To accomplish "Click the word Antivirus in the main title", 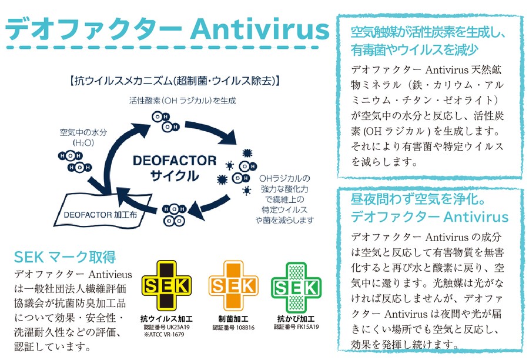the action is [259, 29].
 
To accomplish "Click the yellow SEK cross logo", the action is [166, 286].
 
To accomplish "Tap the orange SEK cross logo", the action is [233, 286].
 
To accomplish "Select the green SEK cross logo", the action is [296, 288].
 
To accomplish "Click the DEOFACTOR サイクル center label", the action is [175, 168].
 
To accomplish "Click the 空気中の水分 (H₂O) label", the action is [83, 137].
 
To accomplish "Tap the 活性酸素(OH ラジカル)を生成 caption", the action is [183, 101].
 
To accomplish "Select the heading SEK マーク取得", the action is [65, 257].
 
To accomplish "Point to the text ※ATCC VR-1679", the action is [164, 334].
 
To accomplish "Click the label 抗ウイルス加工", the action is [167, 319].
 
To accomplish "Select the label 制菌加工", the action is [233, 319].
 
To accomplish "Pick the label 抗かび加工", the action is [296, 318].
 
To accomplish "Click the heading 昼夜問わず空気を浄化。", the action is [418, 199].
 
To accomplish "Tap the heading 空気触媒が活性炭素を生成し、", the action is [428, 32].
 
